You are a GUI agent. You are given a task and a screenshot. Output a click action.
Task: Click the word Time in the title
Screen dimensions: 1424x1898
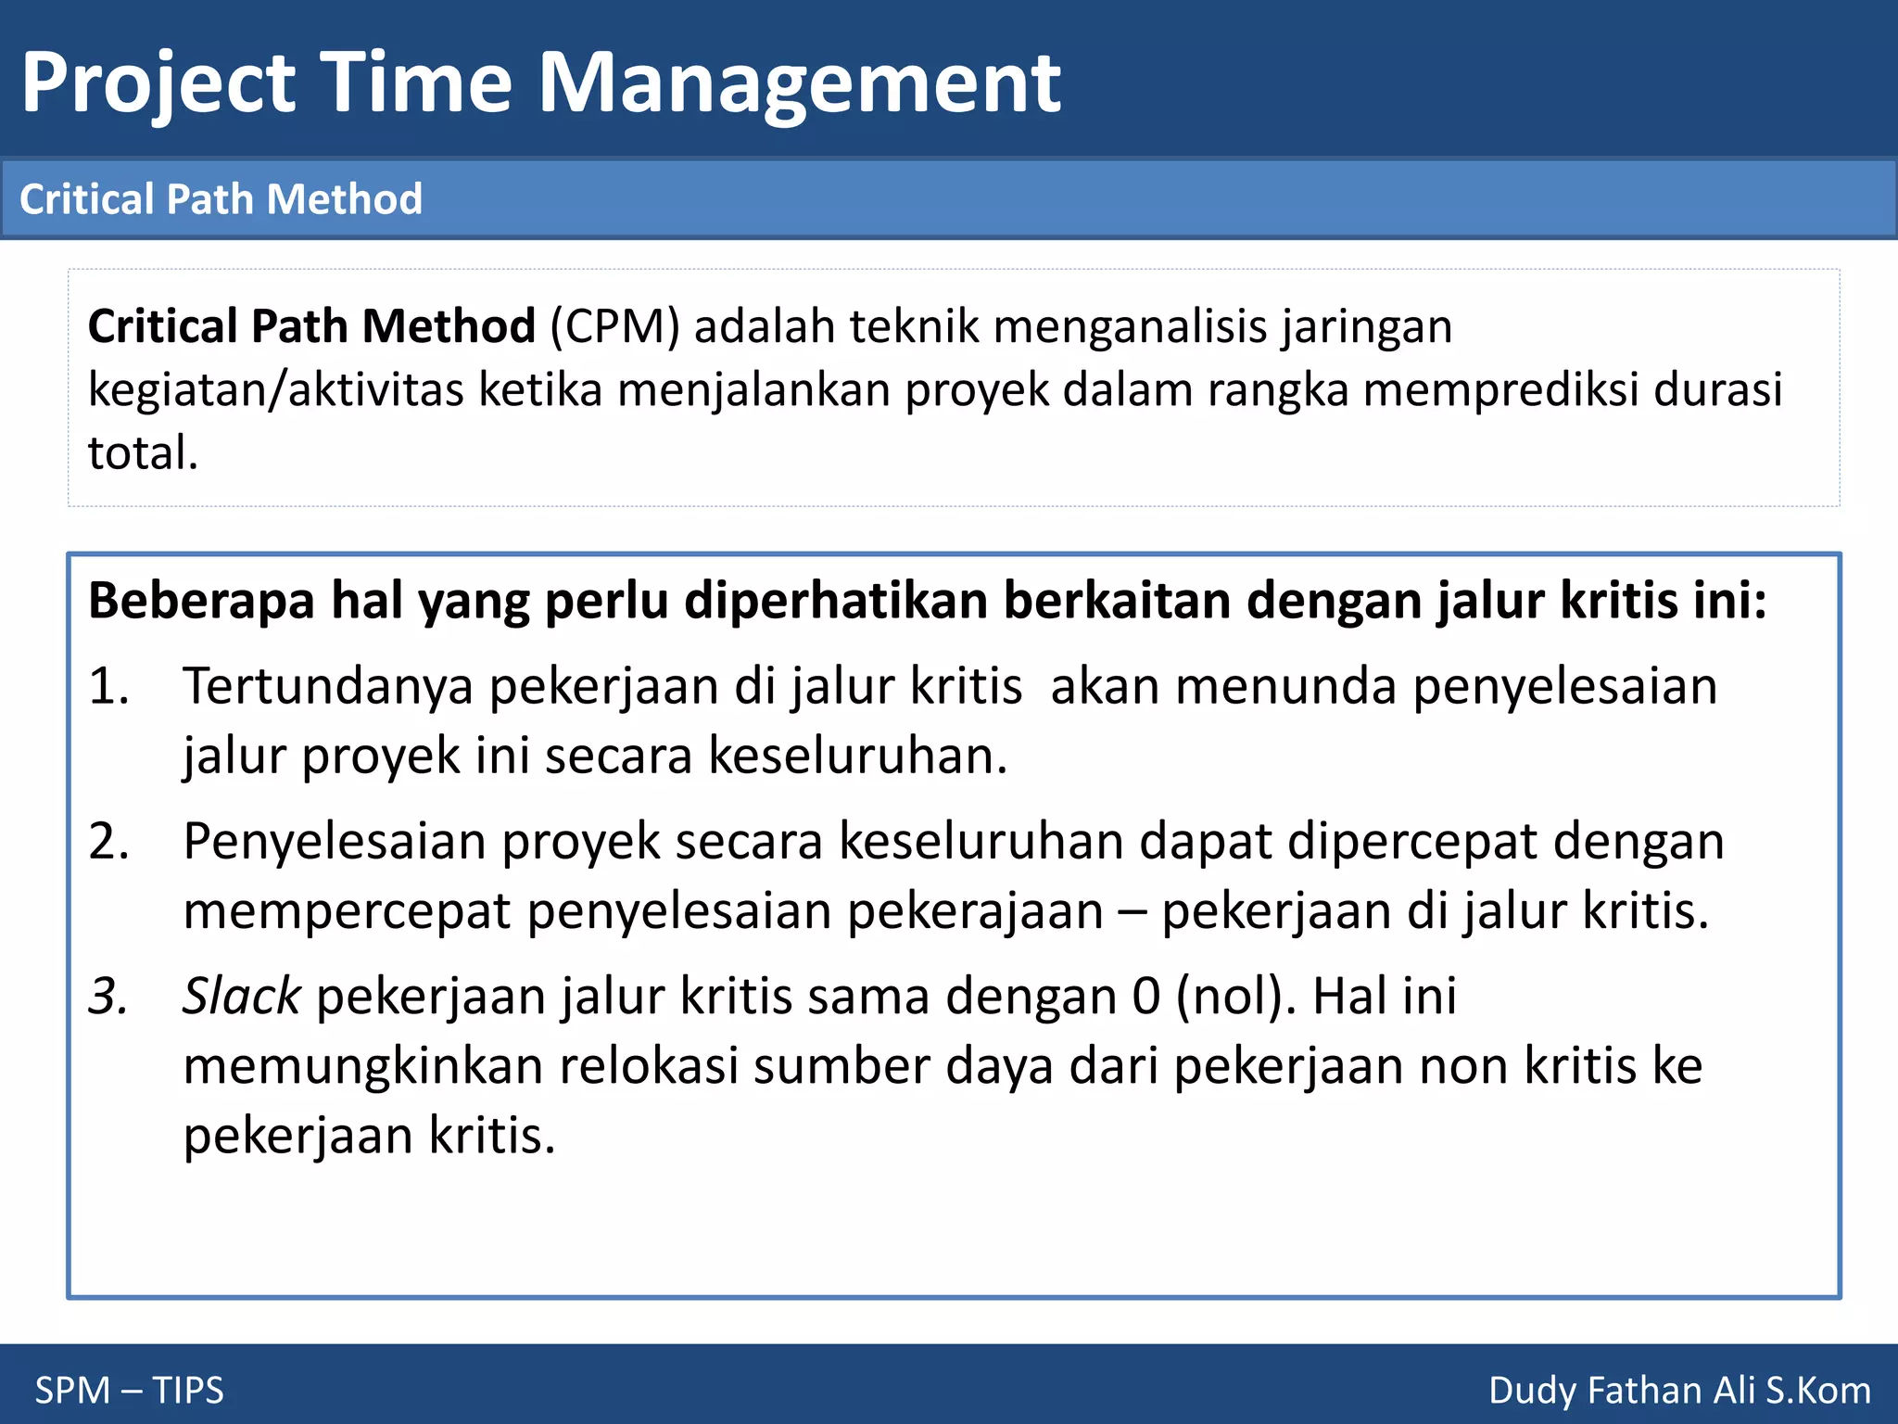pyautogui.click(x=416, y=83)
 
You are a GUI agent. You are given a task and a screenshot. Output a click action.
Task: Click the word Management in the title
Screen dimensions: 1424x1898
pyautogui.click(x=800, y=83)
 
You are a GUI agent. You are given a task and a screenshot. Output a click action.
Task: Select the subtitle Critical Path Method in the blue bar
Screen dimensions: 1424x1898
pyautogui.click(x=221, y=199)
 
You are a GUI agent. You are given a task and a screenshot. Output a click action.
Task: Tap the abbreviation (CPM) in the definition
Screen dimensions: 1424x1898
pyautogui.click(x=615, y=326)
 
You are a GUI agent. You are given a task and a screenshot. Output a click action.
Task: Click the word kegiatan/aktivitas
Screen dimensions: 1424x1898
pyautogui.click(x=275, y=389)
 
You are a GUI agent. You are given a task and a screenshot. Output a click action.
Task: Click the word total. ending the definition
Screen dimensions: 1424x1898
pyautogui.click(x=143, y=453)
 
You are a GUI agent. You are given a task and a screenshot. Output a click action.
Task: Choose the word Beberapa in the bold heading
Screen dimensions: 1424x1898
pyautogui.click(x=201, y=601)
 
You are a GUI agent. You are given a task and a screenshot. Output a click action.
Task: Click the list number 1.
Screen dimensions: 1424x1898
pyautogui.click(x=108, y=687)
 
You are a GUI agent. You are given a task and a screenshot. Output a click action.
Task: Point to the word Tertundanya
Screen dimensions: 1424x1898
pyautogui.click(x=328, y=687)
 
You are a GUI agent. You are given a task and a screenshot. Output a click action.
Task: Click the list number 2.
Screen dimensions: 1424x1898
pyautogui.click(x=108, y=842)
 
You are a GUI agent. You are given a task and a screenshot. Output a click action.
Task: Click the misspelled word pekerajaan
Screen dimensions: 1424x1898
pyautogui.click(x=975, y=911)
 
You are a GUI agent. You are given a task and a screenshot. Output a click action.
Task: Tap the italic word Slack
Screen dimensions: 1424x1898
pyautogui.click(x=241, y=997)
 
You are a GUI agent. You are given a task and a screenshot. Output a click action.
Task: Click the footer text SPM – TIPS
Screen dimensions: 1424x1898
pyautogui.click(x=130, y=1391)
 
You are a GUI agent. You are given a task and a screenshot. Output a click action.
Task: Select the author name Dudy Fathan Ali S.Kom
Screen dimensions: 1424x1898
pyautogui.click(x=1679, y=1391)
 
